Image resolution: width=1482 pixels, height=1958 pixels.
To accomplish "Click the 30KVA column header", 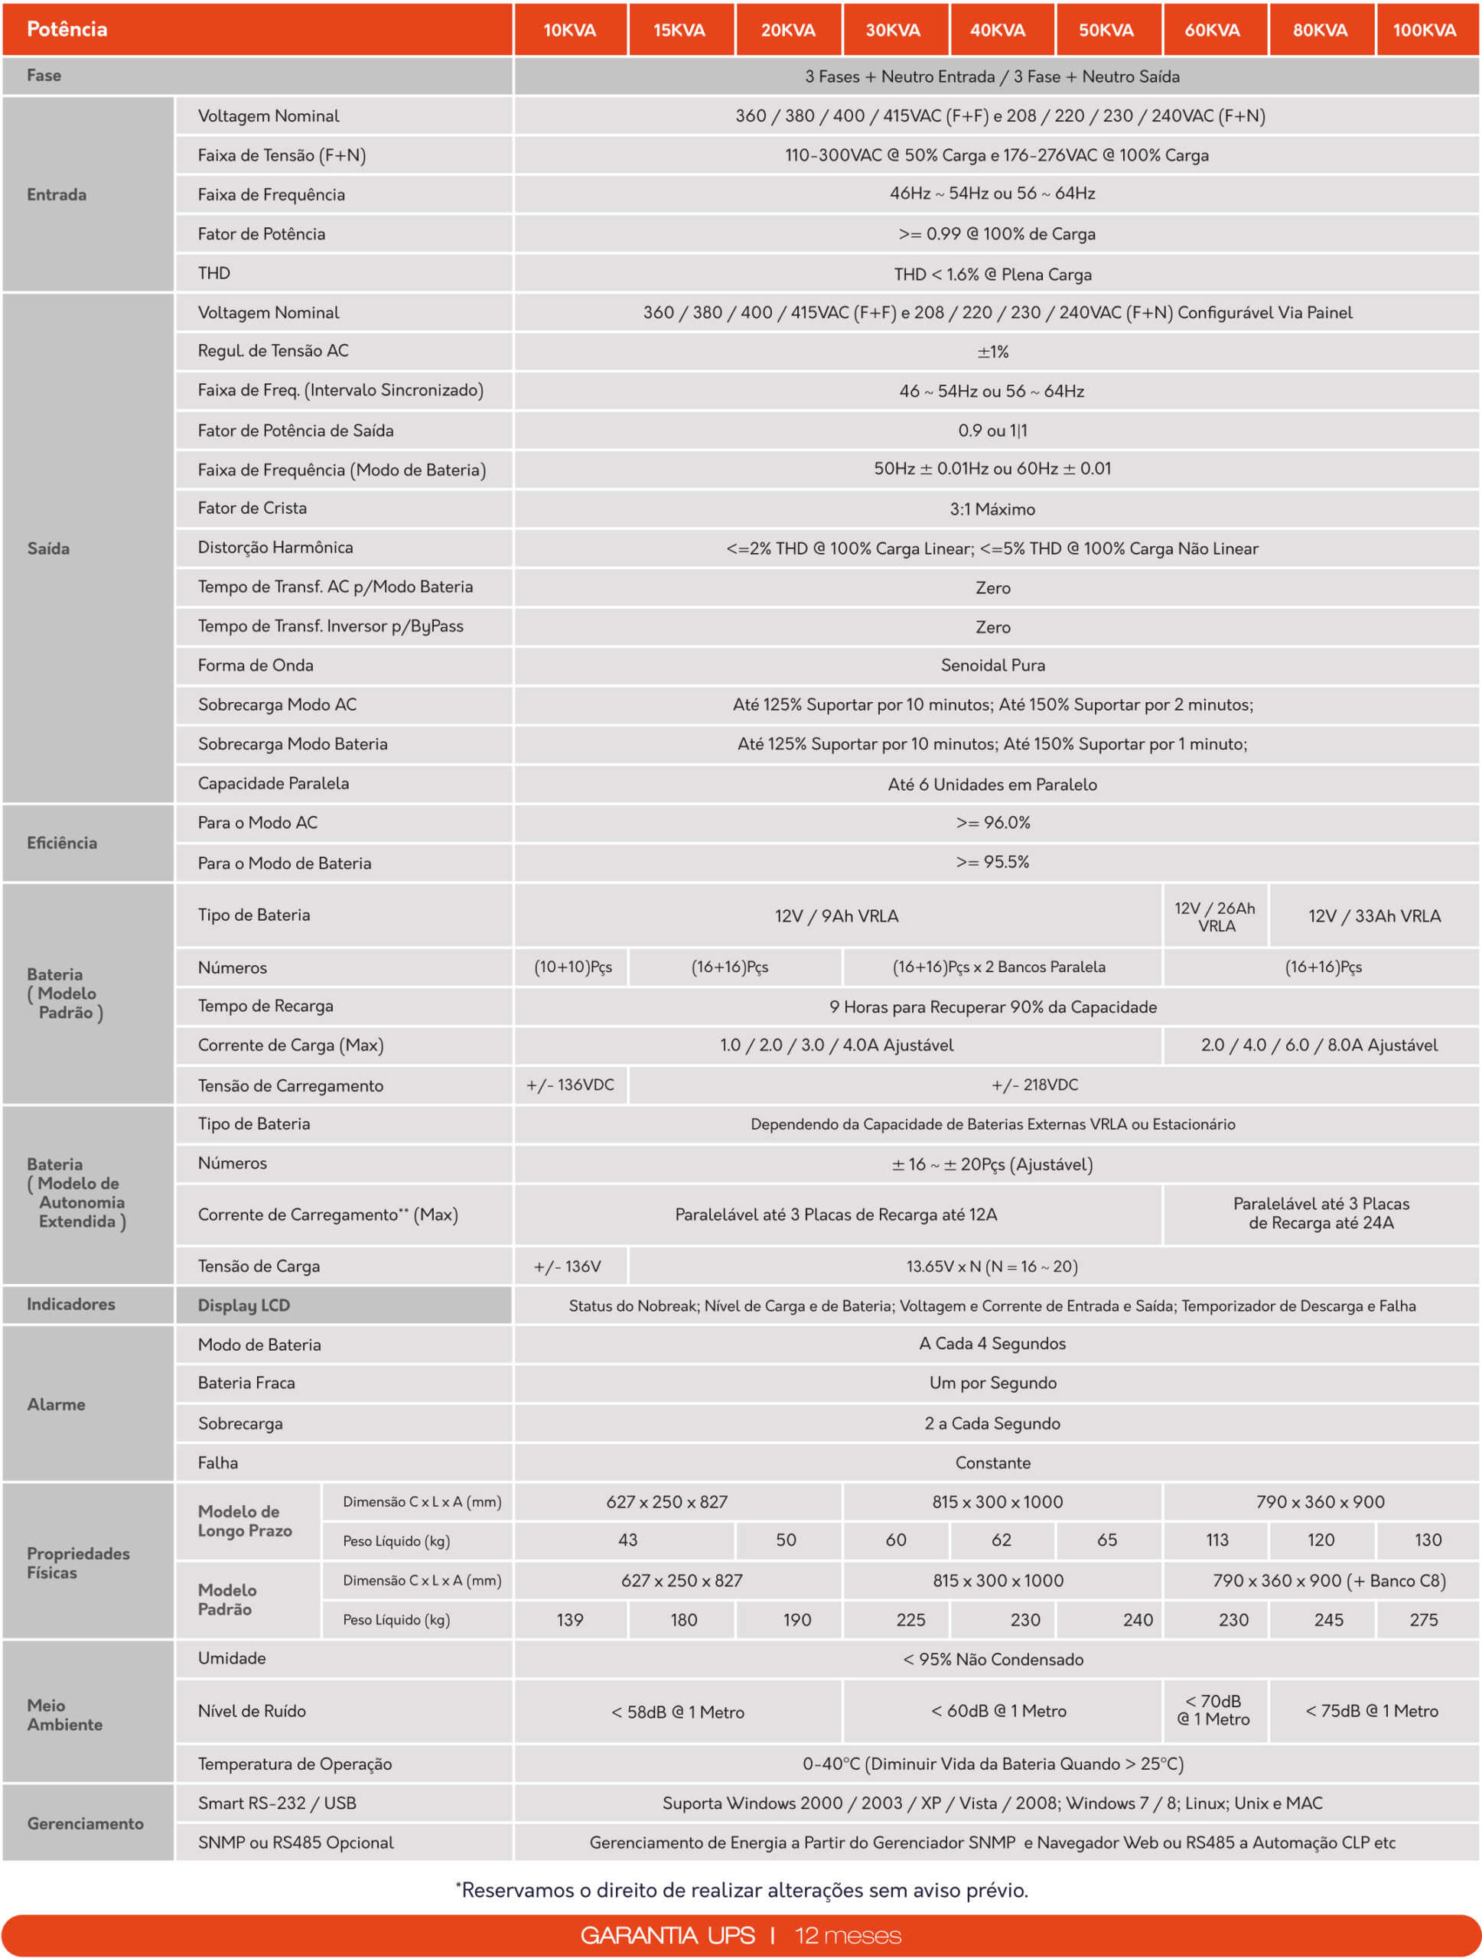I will click(x=894, y=30).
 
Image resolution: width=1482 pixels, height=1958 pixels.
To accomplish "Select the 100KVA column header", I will click(x=1425, y=30).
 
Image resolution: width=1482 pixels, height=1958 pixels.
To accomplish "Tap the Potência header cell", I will click(x=67, y=29).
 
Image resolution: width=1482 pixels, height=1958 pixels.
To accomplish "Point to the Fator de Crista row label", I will click(x=252, y=508).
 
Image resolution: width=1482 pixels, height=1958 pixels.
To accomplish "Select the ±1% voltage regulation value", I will click(x=992, y=353).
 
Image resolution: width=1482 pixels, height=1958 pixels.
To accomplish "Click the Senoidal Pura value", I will click(x=992, y=665).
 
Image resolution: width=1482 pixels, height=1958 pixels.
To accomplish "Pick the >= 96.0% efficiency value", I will click(x=992, y=822).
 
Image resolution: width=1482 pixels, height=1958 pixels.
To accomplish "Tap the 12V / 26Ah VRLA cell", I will click(x=1216, y=917).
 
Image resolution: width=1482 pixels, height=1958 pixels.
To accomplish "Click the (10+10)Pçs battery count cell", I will click(x=573, y=968).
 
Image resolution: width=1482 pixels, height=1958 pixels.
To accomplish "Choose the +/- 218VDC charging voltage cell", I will click(x=1034, y=1085).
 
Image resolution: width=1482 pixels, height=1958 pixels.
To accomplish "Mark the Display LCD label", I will click(x=244, y=1306).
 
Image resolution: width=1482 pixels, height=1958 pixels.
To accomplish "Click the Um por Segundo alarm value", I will click(x=992, y=1383).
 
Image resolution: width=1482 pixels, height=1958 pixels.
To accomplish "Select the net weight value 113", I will click(x=1217, y=1540).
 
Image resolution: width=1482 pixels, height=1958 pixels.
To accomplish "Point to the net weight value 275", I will click(x=1424, y=1620).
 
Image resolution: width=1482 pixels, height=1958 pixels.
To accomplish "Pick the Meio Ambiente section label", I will click(x=64, y=1715).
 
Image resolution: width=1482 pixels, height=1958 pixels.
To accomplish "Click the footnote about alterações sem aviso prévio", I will click(x=742, y=1891).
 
